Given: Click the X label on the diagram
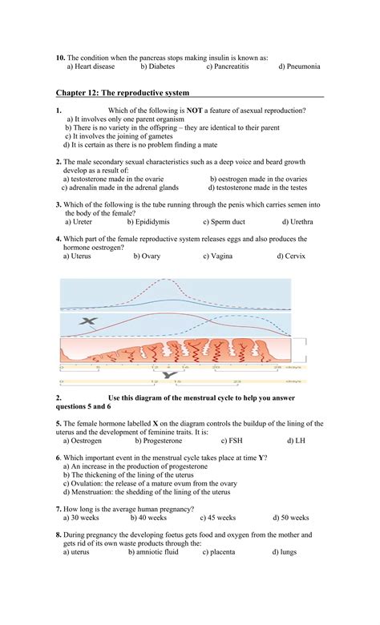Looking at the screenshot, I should (x=87, y=321).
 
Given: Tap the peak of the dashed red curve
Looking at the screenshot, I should (x=166, y=280).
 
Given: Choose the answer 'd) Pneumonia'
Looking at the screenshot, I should (x=299, y=67).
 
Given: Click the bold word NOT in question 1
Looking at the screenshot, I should (x=195, y=110).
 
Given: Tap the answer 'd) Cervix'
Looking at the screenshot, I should (x=291, y=256).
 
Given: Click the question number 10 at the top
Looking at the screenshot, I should (x=60, y=58).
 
